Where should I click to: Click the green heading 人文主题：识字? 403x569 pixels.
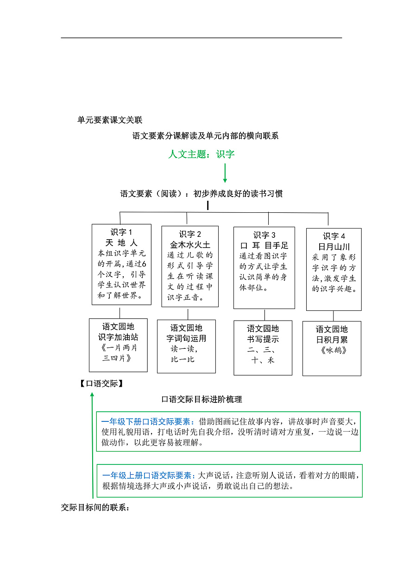pos(201,154)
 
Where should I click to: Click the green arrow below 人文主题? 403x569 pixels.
pos(225,173)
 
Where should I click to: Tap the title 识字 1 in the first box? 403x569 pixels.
pos(121,232)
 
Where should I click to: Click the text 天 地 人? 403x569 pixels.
pos(121,243)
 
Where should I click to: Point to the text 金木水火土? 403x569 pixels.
pos(190,245)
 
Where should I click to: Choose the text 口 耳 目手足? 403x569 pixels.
pos(264,246)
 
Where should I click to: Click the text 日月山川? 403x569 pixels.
pos(334,247)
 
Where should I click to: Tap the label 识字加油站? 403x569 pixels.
pos(118,337)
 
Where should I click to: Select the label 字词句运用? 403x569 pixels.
pos(186,339)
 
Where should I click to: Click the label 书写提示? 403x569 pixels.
pos(263,339)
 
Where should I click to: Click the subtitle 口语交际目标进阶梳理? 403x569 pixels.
pos(201,399)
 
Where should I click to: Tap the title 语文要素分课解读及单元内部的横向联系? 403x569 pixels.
pos(205,136)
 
